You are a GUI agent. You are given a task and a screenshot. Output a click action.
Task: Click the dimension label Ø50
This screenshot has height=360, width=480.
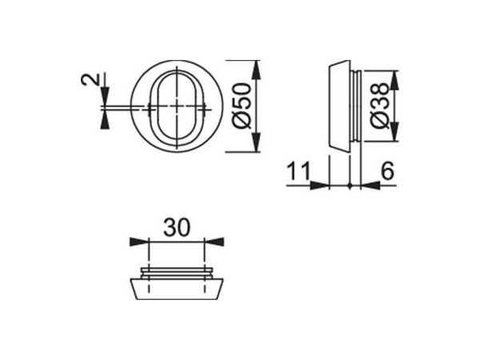[x=242, y=106]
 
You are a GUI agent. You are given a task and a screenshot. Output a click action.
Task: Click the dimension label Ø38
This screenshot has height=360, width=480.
[x=379, y=106]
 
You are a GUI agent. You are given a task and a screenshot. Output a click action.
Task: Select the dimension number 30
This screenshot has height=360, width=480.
[x=177, y=227]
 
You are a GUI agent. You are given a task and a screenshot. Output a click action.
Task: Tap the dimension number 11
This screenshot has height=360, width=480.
[x=298, y=171]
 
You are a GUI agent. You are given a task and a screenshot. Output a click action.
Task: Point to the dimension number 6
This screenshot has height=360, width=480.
[x=387, y=171]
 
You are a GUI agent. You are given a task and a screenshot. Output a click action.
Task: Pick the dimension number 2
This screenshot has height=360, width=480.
[x=91, y=78]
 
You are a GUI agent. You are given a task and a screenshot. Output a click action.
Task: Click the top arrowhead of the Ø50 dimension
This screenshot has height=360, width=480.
[x=257, y=70]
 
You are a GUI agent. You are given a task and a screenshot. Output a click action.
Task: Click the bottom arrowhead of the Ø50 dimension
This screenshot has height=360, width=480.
[x=257, y=142]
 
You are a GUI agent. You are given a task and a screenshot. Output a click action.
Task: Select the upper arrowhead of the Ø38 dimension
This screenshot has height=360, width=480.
[x=395, y=80]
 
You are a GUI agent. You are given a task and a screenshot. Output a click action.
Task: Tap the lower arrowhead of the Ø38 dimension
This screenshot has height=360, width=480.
[x=395, y=132]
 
